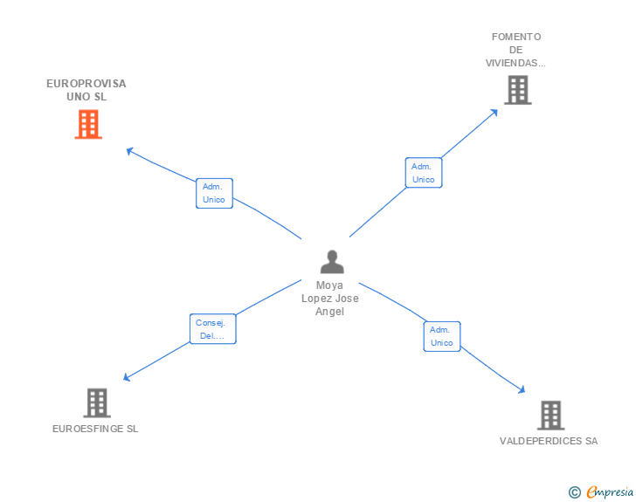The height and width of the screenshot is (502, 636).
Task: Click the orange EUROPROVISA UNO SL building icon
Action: (87, 124)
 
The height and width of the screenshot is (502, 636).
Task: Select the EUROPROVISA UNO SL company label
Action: (86, 90)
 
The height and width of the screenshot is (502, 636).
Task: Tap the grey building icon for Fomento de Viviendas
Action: (517, 89)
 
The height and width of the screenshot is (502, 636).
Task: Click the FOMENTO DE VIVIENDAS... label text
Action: (516, 50)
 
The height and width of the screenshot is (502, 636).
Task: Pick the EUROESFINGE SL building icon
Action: (96, 402)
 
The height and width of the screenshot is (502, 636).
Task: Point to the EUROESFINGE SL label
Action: (95, 429)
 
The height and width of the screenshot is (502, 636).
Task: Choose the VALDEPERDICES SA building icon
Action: (550, 415)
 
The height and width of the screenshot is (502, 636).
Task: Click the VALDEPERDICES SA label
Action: (549, 441)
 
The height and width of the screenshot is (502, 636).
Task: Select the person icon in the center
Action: (331, 262)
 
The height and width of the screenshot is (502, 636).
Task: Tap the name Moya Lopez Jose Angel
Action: (330, 299)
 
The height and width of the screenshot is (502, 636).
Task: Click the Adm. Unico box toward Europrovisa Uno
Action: (214, 193)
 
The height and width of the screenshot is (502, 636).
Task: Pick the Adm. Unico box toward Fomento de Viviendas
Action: (424, 173)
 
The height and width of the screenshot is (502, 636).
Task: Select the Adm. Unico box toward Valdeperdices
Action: (442, 336)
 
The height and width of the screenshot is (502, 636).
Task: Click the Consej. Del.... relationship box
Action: (212, 329)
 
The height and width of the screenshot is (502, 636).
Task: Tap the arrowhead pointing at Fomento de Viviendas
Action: (494, 111)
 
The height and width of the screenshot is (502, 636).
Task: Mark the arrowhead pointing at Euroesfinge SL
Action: (126, 378)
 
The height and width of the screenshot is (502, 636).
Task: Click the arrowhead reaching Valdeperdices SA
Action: (522, 391)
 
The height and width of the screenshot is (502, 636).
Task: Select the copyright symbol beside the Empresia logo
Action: (575, 493)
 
